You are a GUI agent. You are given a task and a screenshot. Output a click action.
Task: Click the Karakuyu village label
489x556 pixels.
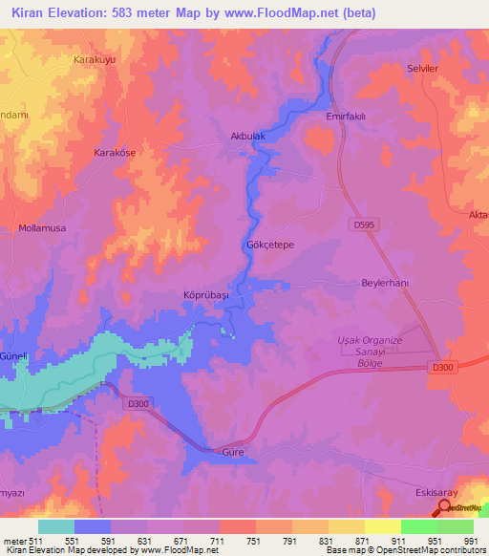point(96,59)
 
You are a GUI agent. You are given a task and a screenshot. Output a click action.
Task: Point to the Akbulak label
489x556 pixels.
point(247,137)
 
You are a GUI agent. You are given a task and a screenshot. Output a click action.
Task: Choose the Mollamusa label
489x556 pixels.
point(42,228)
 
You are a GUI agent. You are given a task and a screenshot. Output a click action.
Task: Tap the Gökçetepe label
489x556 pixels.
point(270,245)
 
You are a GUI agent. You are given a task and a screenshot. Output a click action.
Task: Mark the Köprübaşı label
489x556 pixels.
point(205,296)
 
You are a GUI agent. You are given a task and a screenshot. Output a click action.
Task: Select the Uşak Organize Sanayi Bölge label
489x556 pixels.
point(371,352)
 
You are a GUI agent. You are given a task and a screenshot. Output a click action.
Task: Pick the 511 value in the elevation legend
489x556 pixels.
point(32,540)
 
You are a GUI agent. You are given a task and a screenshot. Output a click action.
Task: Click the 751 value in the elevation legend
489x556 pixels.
point(253,540)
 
